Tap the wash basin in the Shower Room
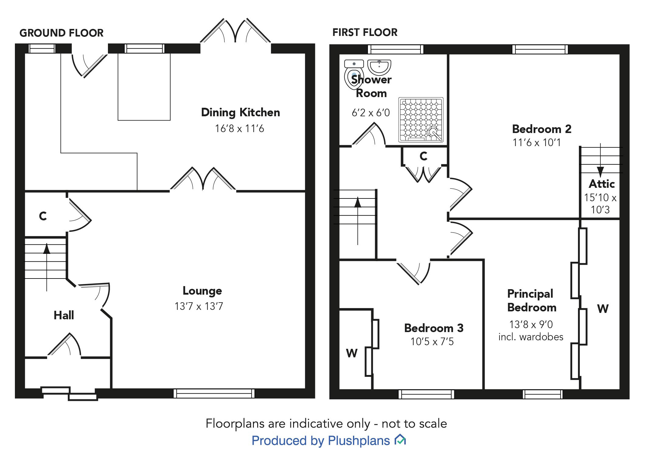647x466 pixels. pos(379,67)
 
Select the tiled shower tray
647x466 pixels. pos(421,119)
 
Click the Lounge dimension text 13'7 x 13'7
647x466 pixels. pos(199,306)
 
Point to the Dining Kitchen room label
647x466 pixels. pos(240,112)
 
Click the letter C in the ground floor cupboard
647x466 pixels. pos(43,216)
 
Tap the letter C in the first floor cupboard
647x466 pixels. pos(423,156)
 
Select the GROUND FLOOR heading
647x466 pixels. pos(61,33)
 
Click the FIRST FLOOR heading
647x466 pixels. pos(365,32)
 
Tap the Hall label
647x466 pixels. pos(64,315)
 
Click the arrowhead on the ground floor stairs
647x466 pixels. pos(47,249)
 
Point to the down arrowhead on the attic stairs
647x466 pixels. pos(600,172)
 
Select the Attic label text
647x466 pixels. pos(602,184)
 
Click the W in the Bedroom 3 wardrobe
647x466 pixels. pos(352,353)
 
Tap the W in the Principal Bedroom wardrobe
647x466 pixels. pos(603,309)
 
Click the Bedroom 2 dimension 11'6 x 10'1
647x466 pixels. pos(537,142)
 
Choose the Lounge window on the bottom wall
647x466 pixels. pos(214,393)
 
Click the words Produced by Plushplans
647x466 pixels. pos(321,440)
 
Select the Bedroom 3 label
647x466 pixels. pos(434,328)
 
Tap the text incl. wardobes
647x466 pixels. pos(531,337)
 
